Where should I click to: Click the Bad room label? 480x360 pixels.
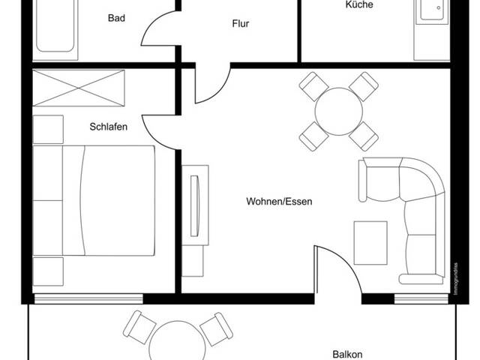click(x=116, y=17)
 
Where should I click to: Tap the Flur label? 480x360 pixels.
click(x=240, y=23)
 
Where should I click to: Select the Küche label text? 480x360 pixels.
click(x=358, y=4)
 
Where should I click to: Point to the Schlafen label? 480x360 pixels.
click(x=109, y=127)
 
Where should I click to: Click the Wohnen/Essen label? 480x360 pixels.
click(x=279, y=201)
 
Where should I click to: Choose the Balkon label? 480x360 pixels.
click(x=347, y=354)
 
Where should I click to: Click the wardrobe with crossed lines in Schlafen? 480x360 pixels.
click(x=79, y=88)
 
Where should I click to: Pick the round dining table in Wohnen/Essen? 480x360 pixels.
click(x=338, y=111)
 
